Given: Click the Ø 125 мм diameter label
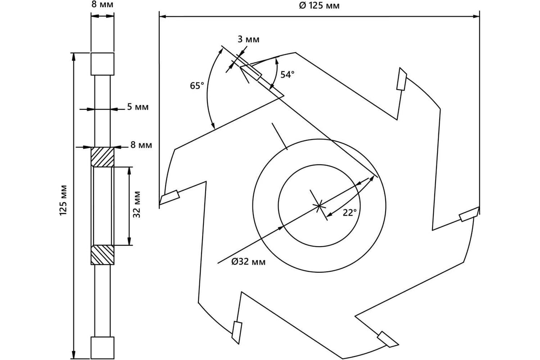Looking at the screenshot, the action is [319, 5].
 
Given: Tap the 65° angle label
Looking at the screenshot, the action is [197, 85].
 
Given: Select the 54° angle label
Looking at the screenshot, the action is [288, 75].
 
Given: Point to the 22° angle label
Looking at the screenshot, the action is [350, 212].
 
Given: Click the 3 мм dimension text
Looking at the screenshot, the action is [248, 39].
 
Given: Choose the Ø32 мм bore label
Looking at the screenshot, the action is [248, 261].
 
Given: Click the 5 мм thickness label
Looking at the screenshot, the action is [138, 107].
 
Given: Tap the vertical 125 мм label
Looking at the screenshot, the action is [63, 200].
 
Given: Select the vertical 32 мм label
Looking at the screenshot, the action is [137, 204].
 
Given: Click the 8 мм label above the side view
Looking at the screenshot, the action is [102, 4].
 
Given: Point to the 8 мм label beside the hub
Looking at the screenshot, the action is [141, 145].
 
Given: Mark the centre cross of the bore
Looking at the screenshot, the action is [319, 206].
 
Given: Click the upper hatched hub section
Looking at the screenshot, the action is [103, 157].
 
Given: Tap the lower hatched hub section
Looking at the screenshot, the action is [103, 255].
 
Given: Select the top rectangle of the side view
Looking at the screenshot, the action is [103, 64].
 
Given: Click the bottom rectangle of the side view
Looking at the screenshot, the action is [103, 348].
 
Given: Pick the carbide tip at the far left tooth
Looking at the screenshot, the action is [170, 197].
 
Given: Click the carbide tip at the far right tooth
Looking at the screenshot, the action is [469, 214].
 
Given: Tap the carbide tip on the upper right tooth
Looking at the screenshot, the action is [401, 79].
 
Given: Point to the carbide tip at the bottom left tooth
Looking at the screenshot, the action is [237, 333].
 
